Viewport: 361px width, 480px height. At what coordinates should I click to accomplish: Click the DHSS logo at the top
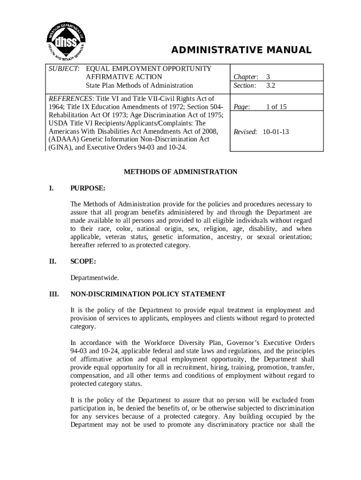click(x=66, y=35)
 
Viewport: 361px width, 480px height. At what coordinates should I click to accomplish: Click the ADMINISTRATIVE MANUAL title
click(x=241, y=50)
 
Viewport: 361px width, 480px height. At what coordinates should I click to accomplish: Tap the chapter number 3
click(x=268, y=77)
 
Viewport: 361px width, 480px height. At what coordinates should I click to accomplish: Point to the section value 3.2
click(x=271, y=85)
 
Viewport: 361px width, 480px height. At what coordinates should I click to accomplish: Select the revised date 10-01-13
click(x=276, y=132)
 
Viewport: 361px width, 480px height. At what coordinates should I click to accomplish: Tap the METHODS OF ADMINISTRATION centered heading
click(x=180, y=172)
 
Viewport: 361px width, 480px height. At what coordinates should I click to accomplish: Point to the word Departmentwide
click(x=94, y=277)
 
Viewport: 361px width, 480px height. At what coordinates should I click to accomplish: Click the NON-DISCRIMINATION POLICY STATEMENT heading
click(x=148, y=294)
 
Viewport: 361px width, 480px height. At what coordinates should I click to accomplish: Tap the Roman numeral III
click(x=53, y=294)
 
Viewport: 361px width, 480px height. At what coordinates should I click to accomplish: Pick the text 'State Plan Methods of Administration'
click(x=139, y=85)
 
